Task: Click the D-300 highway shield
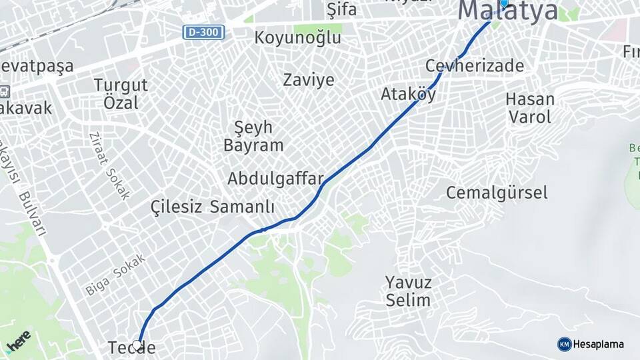pos(204,32)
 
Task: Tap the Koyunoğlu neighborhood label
pos(297,38)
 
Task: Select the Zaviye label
pos(309,80)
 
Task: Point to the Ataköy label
pos(408,95)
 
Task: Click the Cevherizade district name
pos(474,66)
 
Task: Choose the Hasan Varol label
pos(530,108)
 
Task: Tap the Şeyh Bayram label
pos(253,136)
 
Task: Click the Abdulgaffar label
pos(275,179)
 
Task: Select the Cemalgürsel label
pos(497,193)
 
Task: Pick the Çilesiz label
pos(176,207)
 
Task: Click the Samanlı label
pos(242,207)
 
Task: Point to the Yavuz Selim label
pos(408,291)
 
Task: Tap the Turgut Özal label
pos(121,94)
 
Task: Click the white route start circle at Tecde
pos(137,345)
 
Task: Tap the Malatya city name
pos(508,11)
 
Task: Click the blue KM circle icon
pos(564,344)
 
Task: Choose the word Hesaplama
pos(599,344)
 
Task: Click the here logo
pos(19,339)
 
